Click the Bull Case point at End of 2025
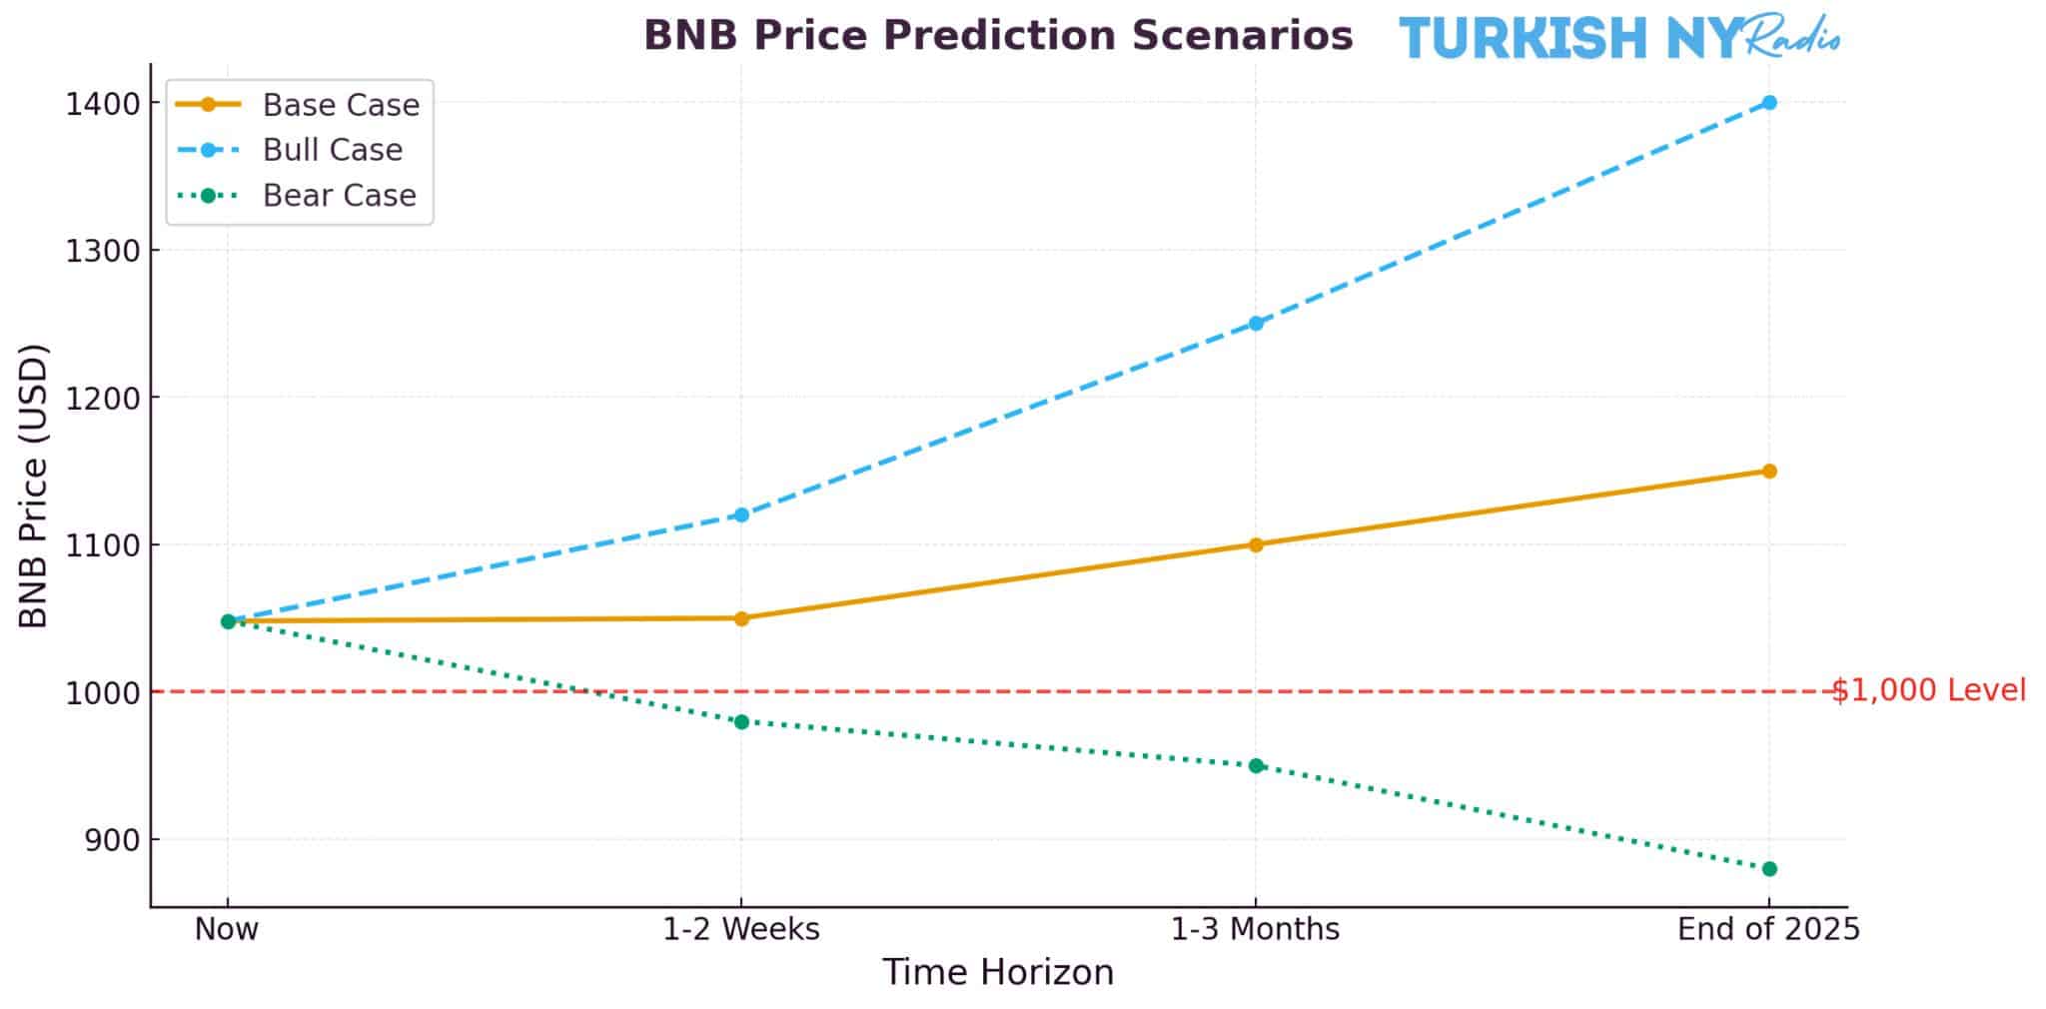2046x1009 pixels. point(1769,102)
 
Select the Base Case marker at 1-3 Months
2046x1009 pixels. point(1256,544)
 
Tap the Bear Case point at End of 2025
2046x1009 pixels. point(1769,868)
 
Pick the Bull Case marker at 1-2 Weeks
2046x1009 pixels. point(741,514)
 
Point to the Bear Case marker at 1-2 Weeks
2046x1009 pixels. point(741,721)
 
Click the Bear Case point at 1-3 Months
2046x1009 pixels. point(1256,765)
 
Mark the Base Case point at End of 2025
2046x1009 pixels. point(1769,471)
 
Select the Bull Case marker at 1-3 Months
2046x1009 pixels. point(1256,323)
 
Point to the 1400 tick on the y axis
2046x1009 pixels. point(103,104)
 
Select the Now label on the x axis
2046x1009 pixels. point(227,929)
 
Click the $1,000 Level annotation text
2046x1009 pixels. point(1928,690)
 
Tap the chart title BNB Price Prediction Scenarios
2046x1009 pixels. point(998,36)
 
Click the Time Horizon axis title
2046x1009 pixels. point(997,972)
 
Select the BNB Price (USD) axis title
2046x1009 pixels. point(35,486)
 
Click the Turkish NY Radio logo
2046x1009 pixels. point(1618,38)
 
